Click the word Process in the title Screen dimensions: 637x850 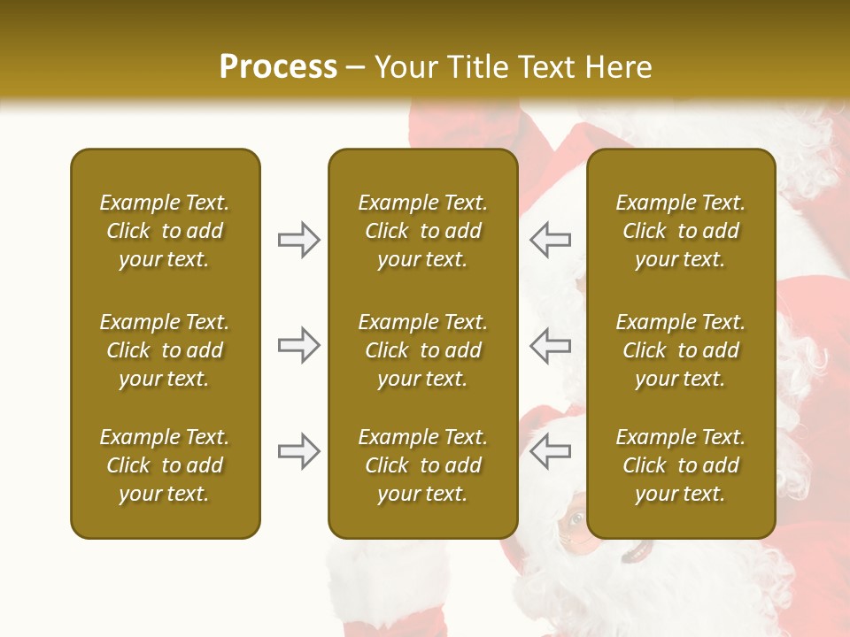[278, 67]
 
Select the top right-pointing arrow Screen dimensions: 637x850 [298, 239]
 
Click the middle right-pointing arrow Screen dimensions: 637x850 [298, 345]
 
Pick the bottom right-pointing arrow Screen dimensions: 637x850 [298, 451]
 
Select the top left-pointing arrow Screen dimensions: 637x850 [551, 239]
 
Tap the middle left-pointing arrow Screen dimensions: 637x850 [551, 345]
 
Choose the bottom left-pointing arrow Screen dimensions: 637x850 [551, 451]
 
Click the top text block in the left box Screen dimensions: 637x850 [165, 231]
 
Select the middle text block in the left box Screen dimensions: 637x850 [165, 350]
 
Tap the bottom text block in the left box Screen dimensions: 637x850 [165, 465]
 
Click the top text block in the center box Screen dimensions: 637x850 [422, 231]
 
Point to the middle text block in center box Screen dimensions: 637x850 [422, 350]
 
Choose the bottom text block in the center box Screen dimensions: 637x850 [422, 465]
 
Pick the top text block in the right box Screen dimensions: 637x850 [680, 231]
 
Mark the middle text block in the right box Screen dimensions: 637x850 [680, 350]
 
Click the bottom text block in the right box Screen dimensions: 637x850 [680, 465]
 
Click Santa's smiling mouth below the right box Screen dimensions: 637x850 [636, 554]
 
